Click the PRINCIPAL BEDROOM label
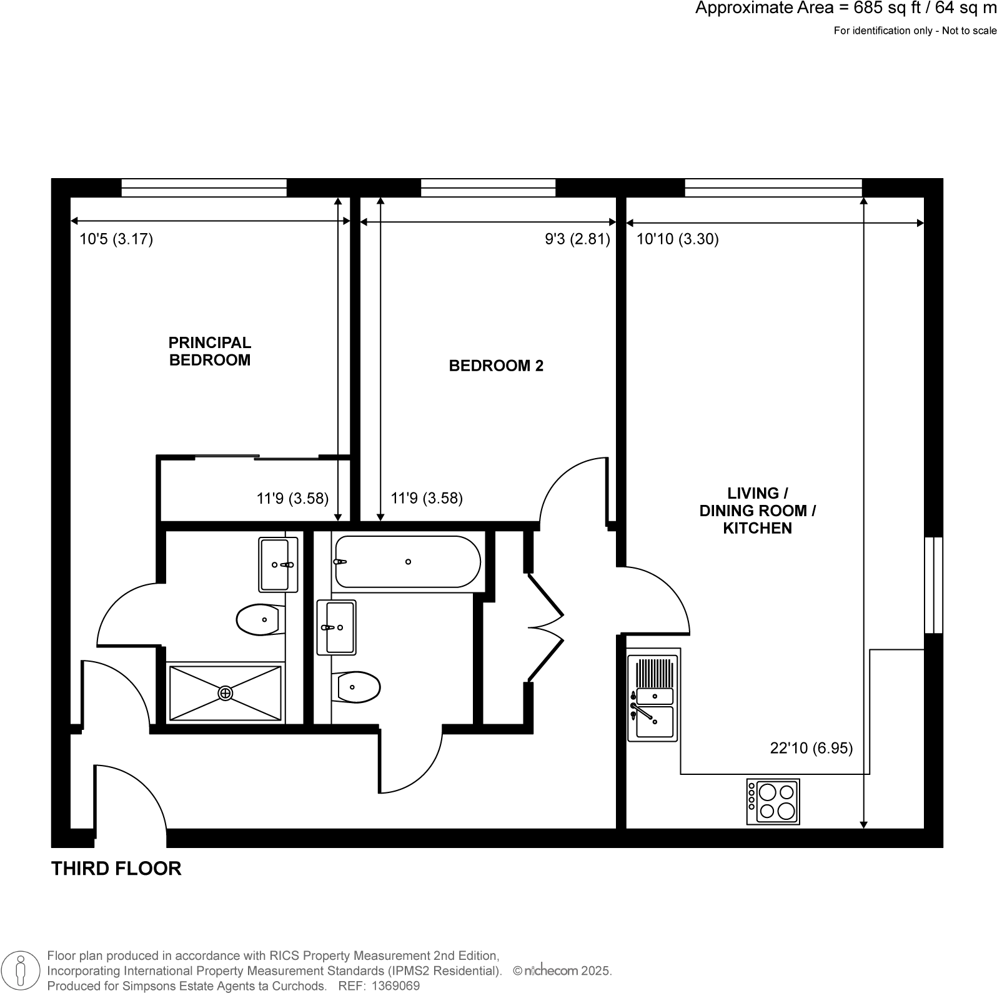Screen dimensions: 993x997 click(x=210, y=351)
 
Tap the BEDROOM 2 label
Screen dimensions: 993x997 click(x=496, y=366)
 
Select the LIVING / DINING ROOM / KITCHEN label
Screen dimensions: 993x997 click(x=757, y=511)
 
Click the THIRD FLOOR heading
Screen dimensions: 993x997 click(x=116, y=869)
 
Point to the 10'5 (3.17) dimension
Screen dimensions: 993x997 click(x=116, y=239)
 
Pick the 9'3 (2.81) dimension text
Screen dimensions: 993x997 click(x=577, y=239)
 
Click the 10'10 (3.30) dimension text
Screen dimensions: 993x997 click(x=677, y=239)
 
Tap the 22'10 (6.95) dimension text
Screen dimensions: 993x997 click(x=811, y=748)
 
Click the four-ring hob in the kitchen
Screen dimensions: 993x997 click(x=773, y=802)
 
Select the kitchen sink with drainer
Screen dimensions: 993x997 click(x=653, y=697)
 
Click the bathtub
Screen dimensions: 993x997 click(x=407, y=562)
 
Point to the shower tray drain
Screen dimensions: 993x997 click(x=225, y=693)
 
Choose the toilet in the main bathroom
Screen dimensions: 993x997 click(x=357, y=687)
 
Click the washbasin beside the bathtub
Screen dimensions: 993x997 click(x=336, y=627)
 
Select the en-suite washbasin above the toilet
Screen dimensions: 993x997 click(x=278, y=565)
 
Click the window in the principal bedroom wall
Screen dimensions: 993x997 click(x=204, y=188)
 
